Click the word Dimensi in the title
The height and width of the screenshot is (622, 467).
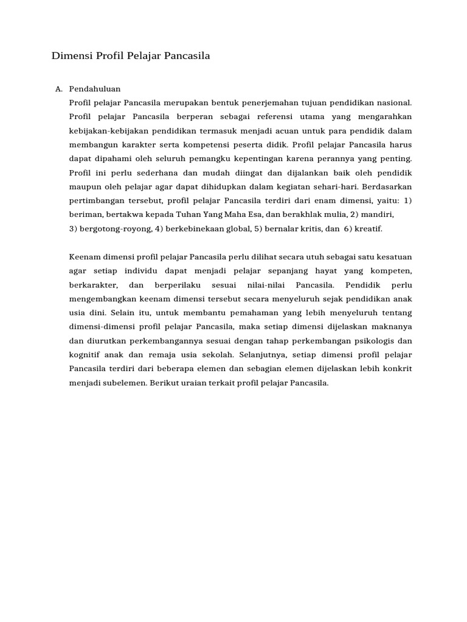[72, 56]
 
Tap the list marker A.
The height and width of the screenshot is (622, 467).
[59, 89]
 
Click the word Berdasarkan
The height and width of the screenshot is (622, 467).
[389, 186]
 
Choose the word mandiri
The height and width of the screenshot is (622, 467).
[377, 214]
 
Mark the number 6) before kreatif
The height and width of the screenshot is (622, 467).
[348, 228]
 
